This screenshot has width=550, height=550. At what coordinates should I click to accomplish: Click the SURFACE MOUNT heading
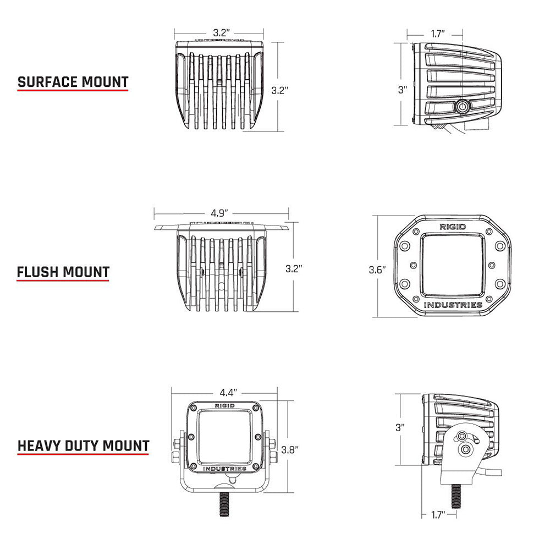(x=73, y=82)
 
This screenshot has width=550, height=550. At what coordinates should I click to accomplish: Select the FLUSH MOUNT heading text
(x=63, y=272)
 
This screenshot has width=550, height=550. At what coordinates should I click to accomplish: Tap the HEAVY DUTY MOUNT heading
(x=83, y=445)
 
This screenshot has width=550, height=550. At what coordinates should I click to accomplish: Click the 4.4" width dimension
(x=228, y=393)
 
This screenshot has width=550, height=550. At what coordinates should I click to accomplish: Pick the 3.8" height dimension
(x=289, y=449)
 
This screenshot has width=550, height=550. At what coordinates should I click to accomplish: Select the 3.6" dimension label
(x=377, y=269)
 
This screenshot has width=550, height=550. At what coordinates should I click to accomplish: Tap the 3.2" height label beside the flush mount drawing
(x=294, y=268)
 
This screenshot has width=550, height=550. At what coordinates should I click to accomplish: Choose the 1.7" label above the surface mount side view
(x=438, y=34)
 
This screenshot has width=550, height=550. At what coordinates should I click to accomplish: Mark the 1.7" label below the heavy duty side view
(x=438, y=515)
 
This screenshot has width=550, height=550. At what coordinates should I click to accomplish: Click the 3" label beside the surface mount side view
(x=403, y=90)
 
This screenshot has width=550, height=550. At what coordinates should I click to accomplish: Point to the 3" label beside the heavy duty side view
(x=400, y=426)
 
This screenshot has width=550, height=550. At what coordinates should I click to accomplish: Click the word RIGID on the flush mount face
(x=452, y=227)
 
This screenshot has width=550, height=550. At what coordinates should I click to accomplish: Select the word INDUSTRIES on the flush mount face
(x=453, y=305)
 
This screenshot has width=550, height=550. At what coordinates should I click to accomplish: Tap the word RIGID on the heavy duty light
(x=224, y=405)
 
